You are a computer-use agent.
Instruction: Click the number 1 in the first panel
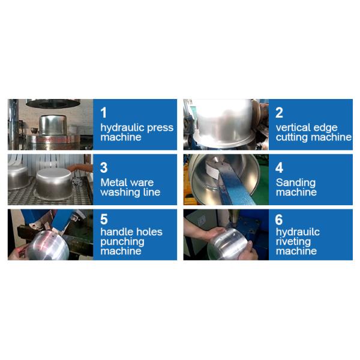pyautogui.click(x=104, y=113)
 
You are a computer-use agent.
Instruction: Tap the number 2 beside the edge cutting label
pyautogui.click(x=279, y=113)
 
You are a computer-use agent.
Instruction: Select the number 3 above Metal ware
pyautogui.click(x=104, y=167)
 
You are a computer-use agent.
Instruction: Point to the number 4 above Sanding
pyautogui.click(x=279, y=167)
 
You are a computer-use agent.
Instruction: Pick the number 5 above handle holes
pyautogui.click(x=104, y=219)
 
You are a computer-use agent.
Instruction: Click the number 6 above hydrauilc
pyautogui.click(x=279, y=220)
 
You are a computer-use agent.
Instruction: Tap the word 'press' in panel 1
pyautogui.click(x=160, y=128)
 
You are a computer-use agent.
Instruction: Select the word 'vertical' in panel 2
pyautogui.click(x=290, y=127)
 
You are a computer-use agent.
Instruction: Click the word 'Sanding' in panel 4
pyautogui.click(x=296, y=183)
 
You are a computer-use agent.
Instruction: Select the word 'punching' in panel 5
pyautogui.click(x=122, y=242)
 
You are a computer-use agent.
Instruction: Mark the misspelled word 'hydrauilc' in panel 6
pyautogui.click(x=298, y=232)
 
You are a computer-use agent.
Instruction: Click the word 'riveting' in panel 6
pyautogui.click(x=293, y=242)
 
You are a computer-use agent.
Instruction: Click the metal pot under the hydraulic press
pyautogui.click(x=53, y=125)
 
